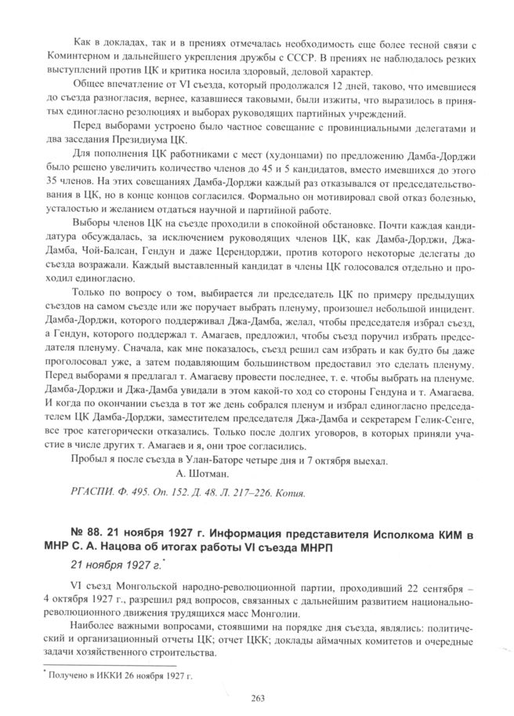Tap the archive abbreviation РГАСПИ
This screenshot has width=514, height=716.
tap(89, 492)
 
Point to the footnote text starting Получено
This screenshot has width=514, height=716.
tap(118, 674)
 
